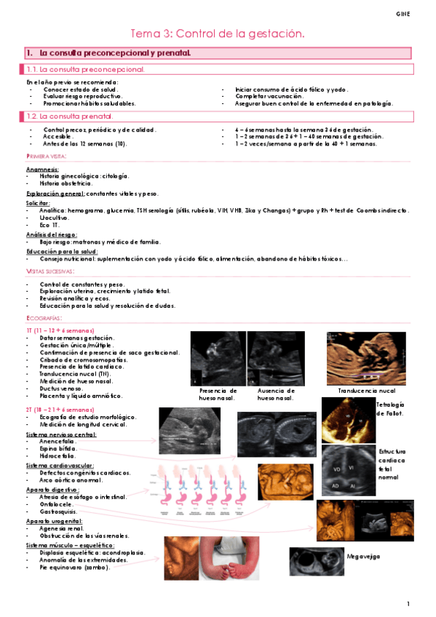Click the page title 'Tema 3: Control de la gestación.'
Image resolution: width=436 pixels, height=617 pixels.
(216, 34)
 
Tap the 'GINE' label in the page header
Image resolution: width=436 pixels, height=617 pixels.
(403, 14)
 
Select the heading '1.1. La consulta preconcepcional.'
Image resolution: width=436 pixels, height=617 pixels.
(85, 69)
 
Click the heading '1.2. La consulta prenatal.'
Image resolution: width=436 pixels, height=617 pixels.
(69, 116)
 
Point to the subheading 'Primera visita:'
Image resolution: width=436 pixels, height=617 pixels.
(47, 156)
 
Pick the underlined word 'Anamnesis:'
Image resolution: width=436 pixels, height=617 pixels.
(42, 169)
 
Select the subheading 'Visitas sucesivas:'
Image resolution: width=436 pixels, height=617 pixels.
(50, 271)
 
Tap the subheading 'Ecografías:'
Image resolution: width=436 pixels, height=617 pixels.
(44, 318)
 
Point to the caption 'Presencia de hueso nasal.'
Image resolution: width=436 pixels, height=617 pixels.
(217, 394)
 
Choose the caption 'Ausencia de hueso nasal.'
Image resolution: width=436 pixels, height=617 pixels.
(275, 394)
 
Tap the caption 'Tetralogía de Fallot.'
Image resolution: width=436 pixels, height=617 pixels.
(390, 409)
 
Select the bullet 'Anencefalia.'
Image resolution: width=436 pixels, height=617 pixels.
(58, 442)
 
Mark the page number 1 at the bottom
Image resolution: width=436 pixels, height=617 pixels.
(409, 604)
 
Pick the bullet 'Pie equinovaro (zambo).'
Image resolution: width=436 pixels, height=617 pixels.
(75, 568)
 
